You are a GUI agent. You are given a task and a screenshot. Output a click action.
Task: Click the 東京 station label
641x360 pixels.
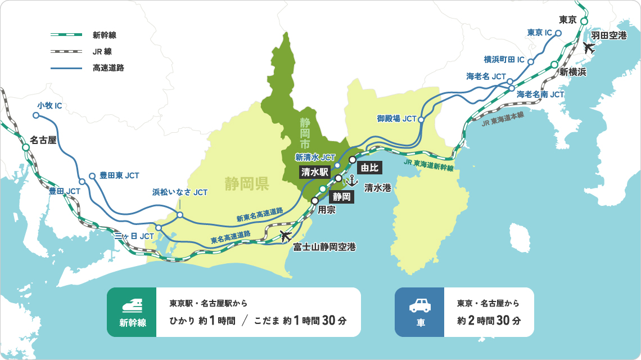point(568,20)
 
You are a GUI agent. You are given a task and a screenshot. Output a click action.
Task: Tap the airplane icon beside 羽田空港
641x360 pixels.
point(589,48)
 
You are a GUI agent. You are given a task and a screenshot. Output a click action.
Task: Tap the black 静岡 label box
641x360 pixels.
point(342,196)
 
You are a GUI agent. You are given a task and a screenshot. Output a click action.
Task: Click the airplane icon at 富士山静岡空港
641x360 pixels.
point(286,236)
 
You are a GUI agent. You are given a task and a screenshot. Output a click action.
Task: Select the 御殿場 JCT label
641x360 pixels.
point(396,119)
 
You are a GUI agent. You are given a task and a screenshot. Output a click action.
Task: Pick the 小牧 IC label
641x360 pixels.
point(50,105)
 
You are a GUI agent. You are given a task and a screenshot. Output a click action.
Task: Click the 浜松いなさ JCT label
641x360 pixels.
point(180,192)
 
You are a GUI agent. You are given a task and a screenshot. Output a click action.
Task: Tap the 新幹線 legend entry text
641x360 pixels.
point(105,35)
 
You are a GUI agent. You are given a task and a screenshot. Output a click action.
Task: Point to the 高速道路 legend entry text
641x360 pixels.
point(109,67)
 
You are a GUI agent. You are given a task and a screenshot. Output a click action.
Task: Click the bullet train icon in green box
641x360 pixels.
point(132,305)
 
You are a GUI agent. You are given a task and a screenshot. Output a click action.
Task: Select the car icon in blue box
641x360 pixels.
point(420,305)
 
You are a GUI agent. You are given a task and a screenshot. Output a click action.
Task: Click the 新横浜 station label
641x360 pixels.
point(573,72)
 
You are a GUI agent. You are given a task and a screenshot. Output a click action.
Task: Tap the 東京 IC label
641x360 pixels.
point(540,33)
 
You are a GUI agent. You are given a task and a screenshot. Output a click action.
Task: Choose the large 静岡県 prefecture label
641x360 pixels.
point(246,183)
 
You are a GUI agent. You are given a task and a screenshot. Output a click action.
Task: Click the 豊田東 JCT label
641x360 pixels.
point(119,175)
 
